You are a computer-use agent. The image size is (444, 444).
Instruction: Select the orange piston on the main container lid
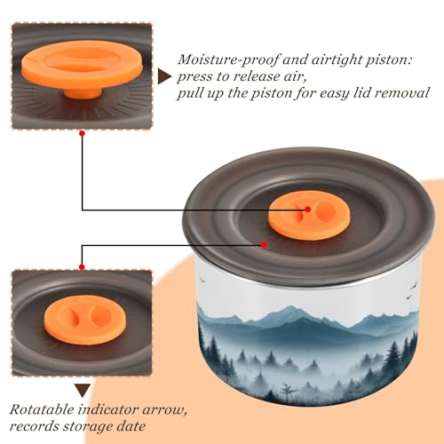point(309,215)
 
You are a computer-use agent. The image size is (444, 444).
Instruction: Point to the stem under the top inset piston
point(83,92)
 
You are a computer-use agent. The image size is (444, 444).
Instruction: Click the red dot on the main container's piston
point(308,210)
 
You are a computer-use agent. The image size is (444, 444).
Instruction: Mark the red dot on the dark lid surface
point(264,245)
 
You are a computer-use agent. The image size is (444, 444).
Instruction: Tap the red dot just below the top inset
point(83,133)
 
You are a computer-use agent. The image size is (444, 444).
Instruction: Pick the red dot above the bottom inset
point(82,267)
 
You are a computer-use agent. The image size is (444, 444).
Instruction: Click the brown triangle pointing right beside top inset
point(164,77)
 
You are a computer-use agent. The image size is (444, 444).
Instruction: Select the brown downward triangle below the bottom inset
point(83,391)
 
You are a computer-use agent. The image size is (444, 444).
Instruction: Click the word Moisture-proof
point(228,59)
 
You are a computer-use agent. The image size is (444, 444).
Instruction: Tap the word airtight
point(335,60)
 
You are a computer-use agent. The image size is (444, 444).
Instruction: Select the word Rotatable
point(42,409)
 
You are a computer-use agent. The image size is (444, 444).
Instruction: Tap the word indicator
point(108,409)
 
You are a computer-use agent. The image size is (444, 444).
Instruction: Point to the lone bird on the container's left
point(202,279)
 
